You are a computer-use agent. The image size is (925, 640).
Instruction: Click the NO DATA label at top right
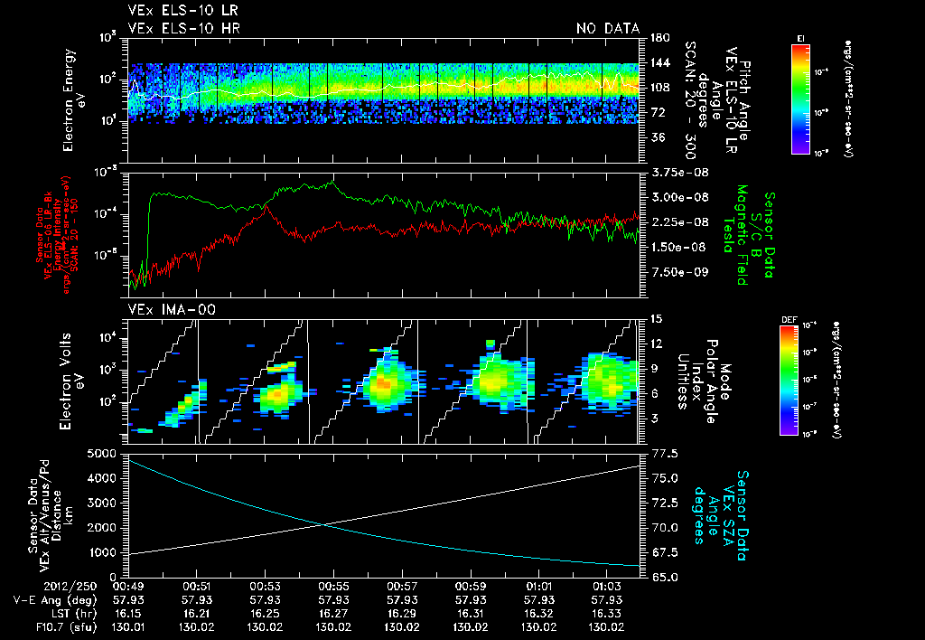click(608, 29)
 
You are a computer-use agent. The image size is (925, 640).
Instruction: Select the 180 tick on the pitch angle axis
click(657, 37)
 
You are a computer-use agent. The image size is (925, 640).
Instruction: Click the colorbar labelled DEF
click(799, 379)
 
